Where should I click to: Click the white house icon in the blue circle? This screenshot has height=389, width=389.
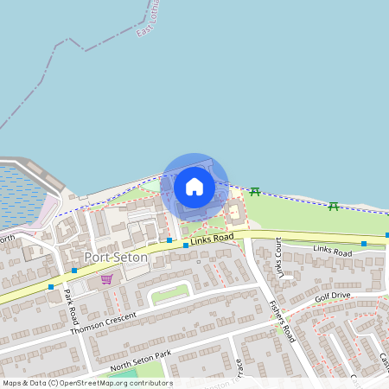(x=194, y=186)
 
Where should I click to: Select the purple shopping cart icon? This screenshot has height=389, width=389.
(x=106, y=279)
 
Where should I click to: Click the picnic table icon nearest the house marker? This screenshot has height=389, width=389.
(x=254, y=191)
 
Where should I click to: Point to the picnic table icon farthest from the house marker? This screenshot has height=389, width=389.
(x=333, y=205)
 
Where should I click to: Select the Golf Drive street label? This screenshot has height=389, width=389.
(x=332, y=297)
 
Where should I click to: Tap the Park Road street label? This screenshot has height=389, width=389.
(x=71, y=299)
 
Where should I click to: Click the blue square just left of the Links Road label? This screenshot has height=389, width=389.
(x=186, y=246)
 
